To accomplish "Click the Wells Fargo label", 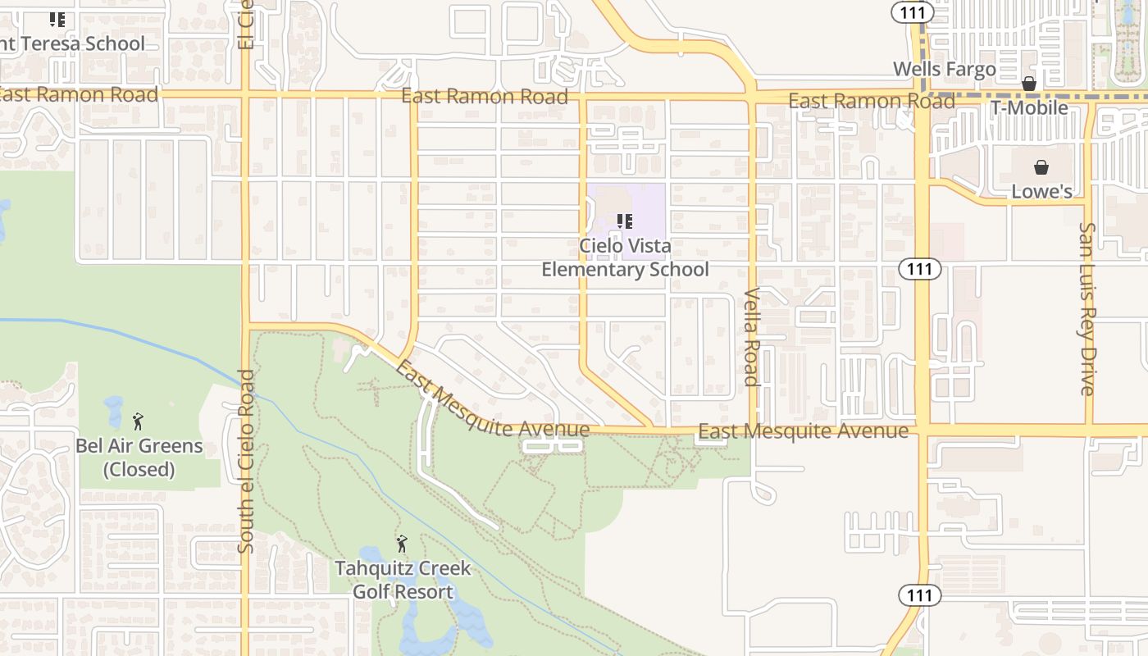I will pos(944,70).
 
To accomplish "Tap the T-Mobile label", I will pos(1029,108).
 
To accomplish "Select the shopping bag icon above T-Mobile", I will pos(1029,84).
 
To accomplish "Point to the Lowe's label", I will pos(1041,192).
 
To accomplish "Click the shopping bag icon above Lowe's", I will pos(1041,168).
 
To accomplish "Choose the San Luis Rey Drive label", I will pos(1088,308).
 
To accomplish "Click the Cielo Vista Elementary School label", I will pos(625,257).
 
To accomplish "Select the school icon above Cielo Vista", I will pos(625,221).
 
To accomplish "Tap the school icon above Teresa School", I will pos(57,20).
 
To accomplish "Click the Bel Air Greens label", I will pos(139,458).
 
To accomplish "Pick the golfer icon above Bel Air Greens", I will pos(138,421).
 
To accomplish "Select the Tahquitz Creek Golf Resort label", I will pos(403,580).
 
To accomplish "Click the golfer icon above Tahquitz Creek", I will pos(402,544).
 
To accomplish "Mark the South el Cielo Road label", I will pos(247,461).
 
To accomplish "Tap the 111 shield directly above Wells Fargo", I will pos(913,13).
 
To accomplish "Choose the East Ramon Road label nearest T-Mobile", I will pos(871,102).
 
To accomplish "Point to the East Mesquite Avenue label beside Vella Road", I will pos(803,431).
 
